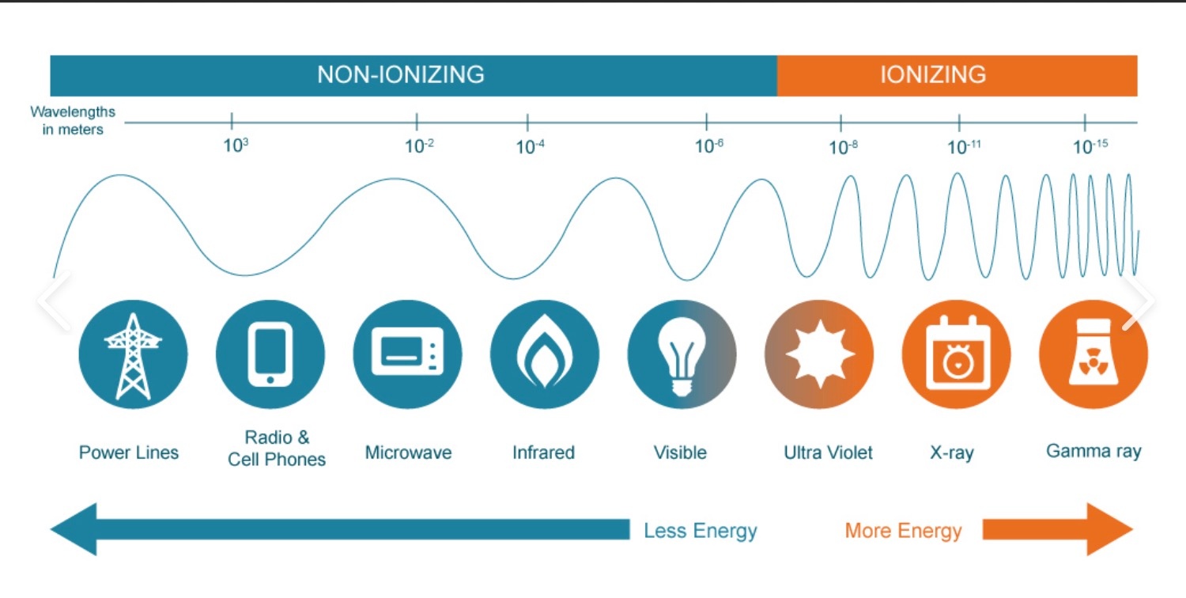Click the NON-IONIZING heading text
click(x=401, y=74)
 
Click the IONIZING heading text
click(x=933, y=74)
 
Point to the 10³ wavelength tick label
click(x=236, y=146)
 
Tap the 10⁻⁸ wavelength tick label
click(x=844, y=147)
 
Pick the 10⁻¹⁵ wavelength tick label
click(x=1090, y=146)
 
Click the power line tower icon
click(x=133, y=356)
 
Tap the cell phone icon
click(x=270, y=354)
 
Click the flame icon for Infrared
click(x=544, y=352)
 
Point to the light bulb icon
click(x=682, y=356)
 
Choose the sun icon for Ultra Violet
click(x=819, y=354)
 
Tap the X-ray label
click(x=952, y=453)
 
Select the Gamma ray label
click(x=1093, y=452)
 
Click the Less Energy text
click(x=700, y=531)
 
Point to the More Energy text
click(x=903, y=531)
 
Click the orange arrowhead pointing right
click(x=1109, y=529)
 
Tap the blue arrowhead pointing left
click(x=74, y=529)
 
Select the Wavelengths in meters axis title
click(x=73, y=121)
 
